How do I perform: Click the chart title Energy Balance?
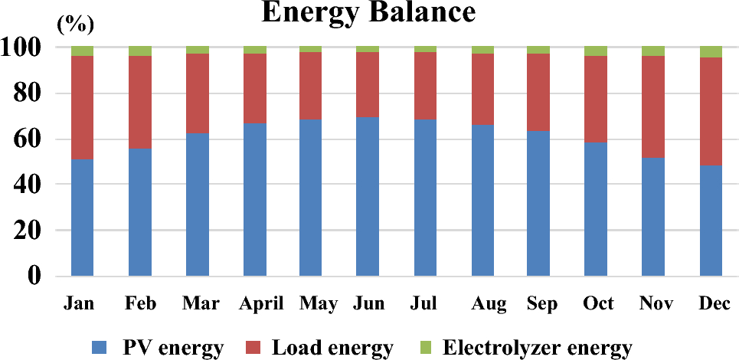[x=368, y=13]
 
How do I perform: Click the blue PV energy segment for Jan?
[x=82, y=218]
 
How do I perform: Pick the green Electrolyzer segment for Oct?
[x=596, y=51]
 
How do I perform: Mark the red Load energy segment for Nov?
[x=653, y=106]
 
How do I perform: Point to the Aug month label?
[x=489, y=304]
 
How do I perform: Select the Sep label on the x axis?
[x=541, y=304]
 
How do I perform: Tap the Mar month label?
[x=198, y=304]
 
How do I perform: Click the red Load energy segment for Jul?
[x=425, y=85]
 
